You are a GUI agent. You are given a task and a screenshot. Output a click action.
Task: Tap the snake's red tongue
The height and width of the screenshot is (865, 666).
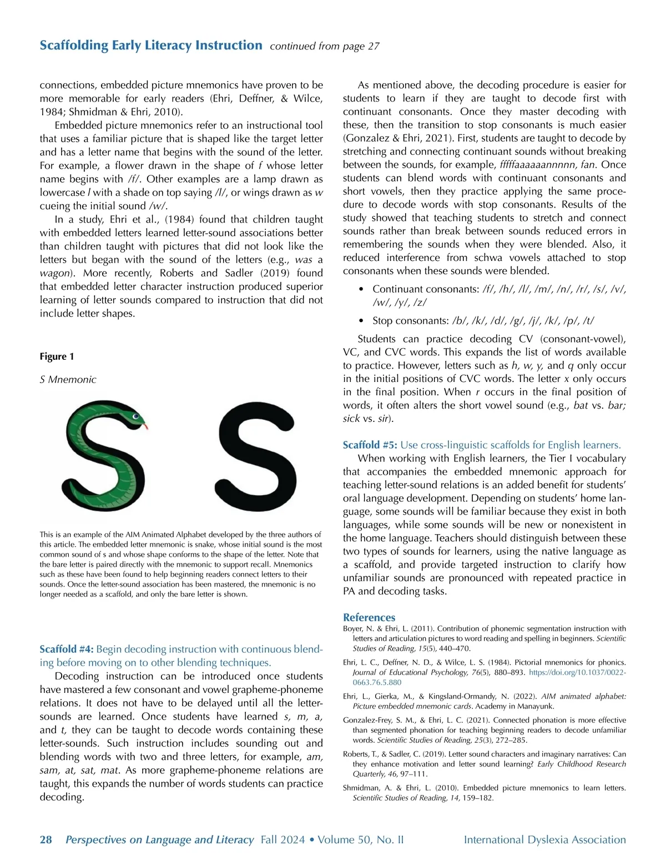(x=145, y=426)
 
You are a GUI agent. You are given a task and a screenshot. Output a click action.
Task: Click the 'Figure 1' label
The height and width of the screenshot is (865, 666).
(x=57, y=356)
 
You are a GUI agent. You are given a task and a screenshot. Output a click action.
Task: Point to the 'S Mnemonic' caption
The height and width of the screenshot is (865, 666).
(x=68, y=380)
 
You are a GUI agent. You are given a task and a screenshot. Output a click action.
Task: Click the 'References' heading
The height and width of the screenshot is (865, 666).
(x=369, y=617)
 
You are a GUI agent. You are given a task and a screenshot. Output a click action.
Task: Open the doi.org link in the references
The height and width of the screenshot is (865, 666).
(x=577, y=672)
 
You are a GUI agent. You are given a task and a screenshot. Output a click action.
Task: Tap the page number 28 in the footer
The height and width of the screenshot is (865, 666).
(x=46, y=839)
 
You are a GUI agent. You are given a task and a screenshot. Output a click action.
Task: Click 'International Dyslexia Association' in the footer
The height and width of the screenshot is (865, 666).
(x=544, y=839)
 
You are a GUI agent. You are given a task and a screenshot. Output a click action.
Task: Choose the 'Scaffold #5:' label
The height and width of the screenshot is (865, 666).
(x=370, y=445)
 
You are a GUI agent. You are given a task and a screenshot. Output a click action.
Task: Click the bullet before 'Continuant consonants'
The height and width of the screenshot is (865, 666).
(x=361, y=289)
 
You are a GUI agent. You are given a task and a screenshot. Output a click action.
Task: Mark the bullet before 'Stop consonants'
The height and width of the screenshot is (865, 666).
(x=361, y=321)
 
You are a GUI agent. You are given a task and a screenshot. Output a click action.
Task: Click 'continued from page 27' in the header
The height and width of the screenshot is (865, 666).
(x=325, y=46)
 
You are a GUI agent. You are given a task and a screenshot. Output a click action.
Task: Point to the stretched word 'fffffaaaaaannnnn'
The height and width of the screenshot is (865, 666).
(x=537, y=165)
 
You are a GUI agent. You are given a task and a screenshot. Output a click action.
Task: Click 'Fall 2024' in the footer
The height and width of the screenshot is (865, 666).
(x=282, y=839)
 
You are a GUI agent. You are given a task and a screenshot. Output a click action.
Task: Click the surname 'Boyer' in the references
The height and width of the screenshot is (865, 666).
(x=354, y=629)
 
